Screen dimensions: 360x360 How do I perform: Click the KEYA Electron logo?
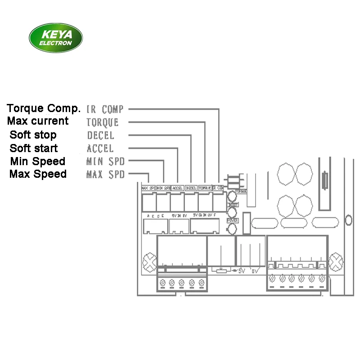point(55,38)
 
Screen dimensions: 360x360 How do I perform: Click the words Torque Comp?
point(44,108)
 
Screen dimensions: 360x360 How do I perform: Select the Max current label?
point(38,121)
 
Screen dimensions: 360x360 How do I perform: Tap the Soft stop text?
point(33,135)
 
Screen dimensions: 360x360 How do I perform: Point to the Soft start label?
point(34,148)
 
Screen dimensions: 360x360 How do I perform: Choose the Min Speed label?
point(37,161)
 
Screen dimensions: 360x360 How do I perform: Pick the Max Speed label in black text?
point(38,174)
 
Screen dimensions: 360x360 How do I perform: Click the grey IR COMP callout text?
point(104,109)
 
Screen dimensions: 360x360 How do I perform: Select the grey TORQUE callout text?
point(103,122)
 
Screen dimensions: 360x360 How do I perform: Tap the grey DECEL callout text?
point(100,135)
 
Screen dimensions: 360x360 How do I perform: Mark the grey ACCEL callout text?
point(100,148)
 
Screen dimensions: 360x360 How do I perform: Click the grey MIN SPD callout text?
point(105,162)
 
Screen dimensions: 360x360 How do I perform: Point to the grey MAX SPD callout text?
point(105,175)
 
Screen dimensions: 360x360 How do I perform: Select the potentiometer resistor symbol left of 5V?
point(220,271)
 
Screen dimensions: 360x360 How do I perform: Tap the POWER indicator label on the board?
point(232,220)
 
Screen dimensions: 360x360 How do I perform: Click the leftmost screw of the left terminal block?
point(162,283)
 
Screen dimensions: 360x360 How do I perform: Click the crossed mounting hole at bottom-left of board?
point(148,262)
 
